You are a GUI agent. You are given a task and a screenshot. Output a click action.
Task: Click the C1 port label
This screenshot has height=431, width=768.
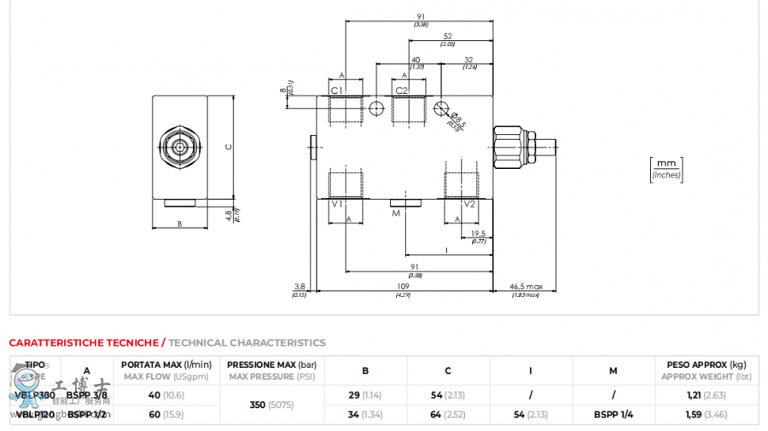click(336, 90)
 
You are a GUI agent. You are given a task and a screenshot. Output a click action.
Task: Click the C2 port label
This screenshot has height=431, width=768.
click(401, 90)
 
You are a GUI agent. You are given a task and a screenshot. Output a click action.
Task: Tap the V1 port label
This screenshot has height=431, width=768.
click(336, 204)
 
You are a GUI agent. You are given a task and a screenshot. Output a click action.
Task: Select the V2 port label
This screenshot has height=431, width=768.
click(469, 204)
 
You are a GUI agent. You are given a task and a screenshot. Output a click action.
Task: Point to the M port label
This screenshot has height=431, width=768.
click(395, 213)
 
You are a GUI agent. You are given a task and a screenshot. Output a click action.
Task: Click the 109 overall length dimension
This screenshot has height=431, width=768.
click(403, 287)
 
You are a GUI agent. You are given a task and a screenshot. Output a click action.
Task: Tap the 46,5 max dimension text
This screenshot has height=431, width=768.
click(526, 287)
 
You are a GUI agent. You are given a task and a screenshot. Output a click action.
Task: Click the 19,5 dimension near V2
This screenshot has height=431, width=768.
click(478, 233)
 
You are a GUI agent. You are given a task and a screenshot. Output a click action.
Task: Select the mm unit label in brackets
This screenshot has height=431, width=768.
click(666, 162)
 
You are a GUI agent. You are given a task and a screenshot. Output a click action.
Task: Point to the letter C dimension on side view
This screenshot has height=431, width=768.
click(228, 147)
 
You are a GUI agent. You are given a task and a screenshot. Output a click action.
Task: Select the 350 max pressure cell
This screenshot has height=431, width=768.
click(257, 405)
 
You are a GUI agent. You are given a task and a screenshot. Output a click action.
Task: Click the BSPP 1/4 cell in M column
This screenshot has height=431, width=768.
click(613, 415)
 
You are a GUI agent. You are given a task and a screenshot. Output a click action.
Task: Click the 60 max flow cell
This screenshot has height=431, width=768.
click(154, 415)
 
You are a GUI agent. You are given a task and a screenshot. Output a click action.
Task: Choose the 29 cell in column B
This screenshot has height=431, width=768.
click(354, 395)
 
